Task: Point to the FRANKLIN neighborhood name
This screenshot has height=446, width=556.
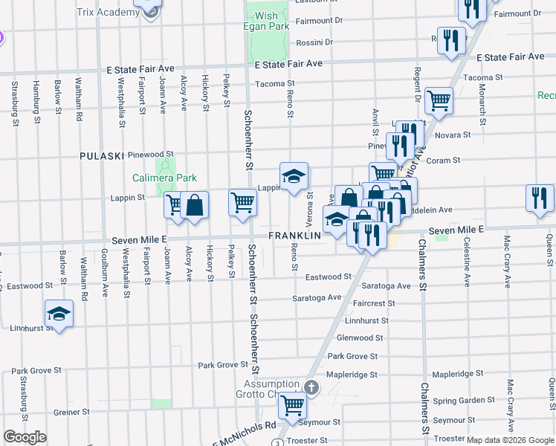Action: (294, 235)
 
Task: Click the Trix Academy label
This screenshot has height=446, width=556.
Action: (109, 13)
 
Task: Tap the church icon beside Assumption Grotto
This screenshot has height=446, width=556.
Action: (311, 387)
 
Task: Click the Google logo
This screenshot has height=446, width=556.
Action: (25, 437)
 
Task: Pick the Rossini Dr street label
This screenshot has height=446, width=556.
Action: (314, 42)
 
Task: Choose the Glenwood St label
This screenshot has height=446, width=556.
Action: (360, 337)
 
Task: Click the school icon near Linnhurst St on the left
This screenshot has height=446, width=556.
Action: (59, 314)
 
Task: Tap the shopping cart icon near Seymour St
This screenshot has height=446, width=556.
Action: (292, 406)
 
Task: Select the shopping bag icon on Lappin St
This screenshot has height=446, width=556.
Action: (194, 204)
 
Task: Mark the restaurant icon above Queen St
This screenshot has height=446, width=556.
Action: (539, 197)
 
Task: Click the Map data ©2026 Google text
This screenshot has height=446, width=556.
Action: (511, 440)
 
